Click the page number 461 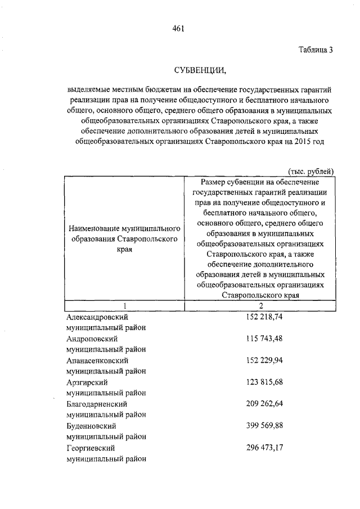coord(179,28)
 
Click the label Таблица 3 coord(316,49)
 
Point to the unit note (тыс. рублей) coord(311,170)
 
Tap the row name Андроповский coord(92,339)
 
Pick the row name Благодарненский coord(96,403)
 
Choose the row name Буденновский coord(91,425)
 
